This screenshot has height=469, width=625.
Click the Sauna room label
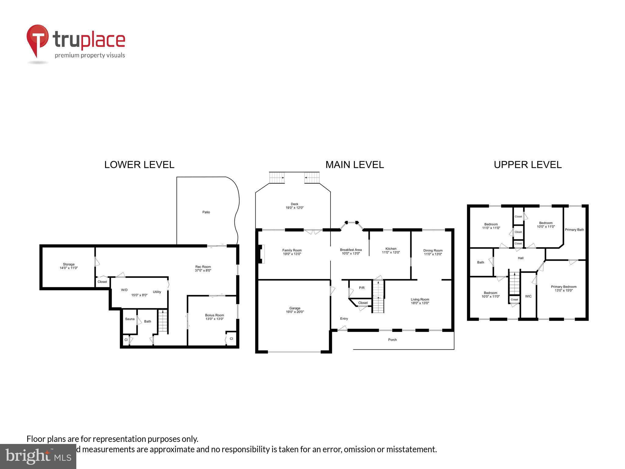pos(130,319)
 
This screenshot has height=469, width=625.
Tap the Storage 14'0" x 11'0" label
pos(69,266)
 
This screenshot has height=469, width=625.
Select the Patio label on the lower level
pos(206,212)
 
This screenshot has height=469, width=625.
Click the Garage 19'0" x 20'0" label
pos(295,310)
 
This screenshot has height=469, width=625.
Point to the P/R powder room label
pos(362,288)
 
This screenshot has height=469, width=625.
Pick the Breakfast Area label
pos(351,251)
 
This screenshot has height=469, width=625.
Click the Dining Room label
pos(433,252)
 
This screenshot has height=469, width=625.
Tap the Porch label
pos(392,340)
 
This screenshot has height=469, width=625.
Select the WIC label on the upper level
pos(528,296)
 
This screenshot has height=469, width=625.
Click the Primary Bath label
pos(574,230)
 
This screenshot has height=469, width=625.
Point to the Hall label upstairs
pos(521,258)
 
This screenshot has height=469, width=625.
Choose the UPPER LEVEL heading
pos(528,165)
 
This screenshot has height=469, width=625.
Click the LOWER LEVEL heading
pos(139,165)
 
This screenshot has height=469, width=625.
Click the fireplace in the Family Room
pos(261,254)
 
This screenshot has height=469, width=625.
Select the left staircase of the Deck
pos(277,177)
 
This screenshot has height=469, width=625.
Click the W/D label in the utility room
pos(124,290)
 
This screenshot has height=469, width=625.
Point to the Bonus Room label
pos(215,317)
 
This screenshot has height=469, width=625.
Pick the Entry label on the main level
pos(344,318)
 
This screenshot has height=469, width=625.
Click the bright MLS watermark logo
pos(38,456)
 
